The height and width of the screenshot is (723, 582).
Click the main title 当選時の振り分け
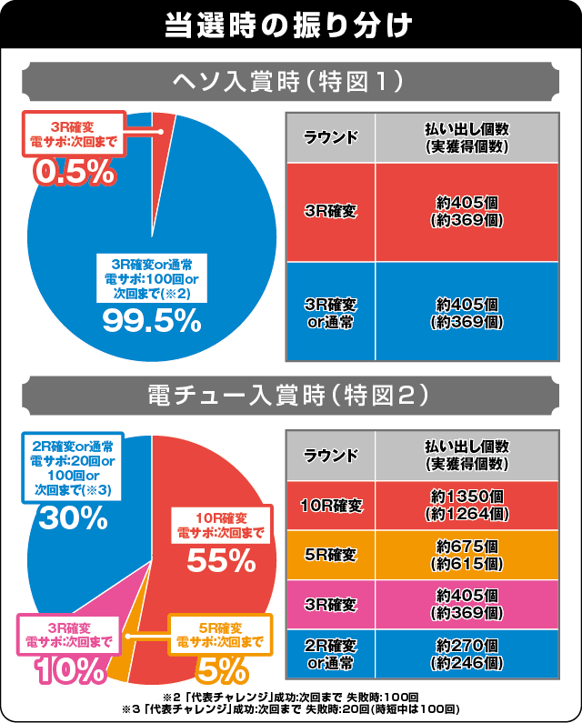click(290, 24)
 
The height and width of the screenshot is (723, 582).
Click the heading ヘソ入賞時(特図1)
click(290, 84)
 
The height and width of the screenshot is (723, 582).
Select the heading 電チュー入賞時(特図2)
click(290, 397)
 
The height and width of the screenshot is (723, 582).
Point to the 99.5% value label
click(151, 319)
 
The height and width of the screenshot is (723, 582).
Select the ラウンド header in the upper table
click(330, 138)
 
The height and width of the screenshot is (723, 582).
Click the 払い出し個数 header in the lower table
click(467, 456)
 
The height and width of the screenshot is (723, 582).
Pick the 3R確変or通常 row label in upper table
click(330, 312)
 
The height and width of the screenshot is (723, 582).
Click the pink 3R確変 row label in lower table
click(330, 603)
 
